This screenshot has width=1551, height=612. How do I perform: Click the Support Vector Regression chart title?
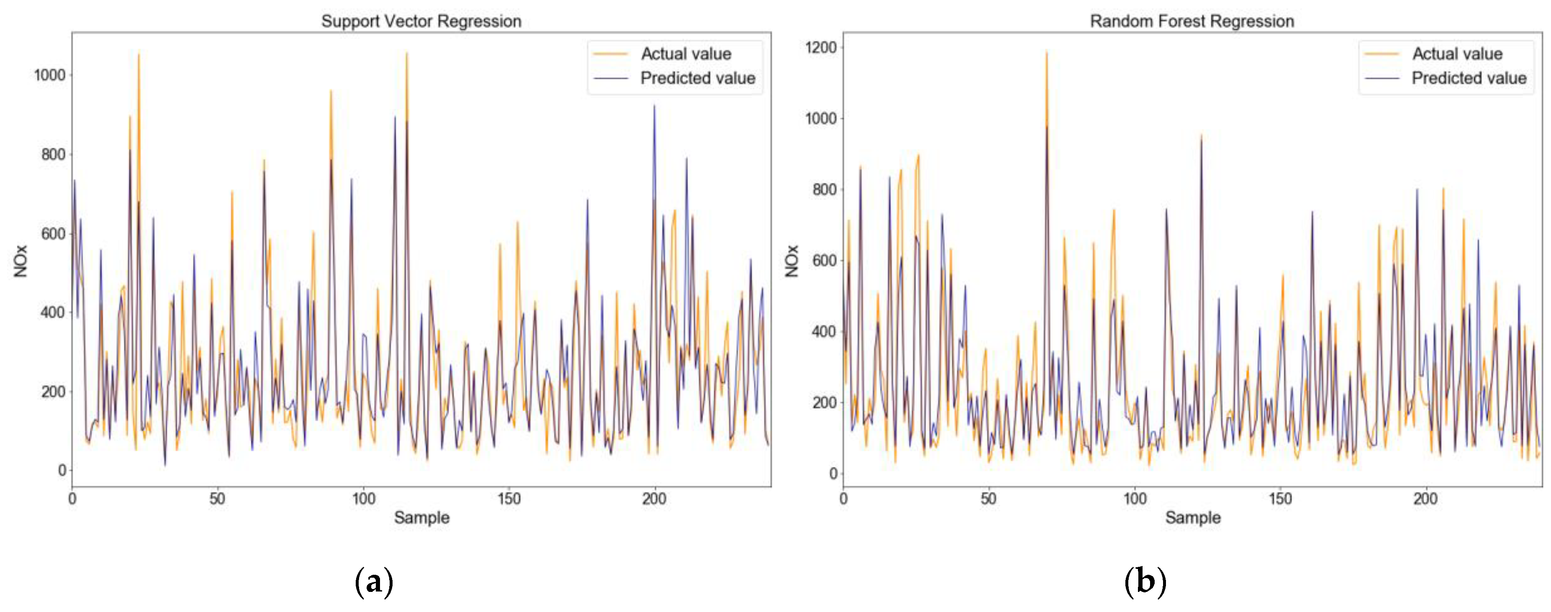pos(421,21)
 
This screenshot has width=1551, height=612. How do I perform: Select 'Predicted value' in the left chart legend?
pos(697,78)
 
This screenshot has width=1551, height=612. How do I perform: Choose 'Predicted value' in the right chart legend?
pos(1469,78)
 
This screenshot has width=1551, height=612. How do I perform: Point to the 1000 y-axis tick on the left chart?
pos(49,75)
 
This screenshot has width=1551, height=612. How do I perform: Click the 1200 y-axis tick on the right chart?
pos(821,48)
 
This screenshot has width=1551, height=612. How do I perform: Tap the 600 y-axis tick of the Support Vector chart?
pos(53,233)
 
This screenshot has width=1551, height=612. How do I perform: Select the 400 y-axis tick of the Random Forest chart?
pos(824,332)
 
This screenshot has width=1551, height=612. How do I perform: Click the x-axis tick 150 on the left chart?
pos(509,499)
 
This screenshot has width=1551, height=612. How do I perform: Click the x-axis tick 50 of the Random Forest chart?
pos(989,499)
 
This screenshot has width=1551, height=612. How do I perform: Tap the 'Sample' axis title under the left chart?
pos(421,517)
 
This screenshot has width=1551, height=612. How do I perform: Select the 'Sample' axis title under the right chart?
pos(1193,517)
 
